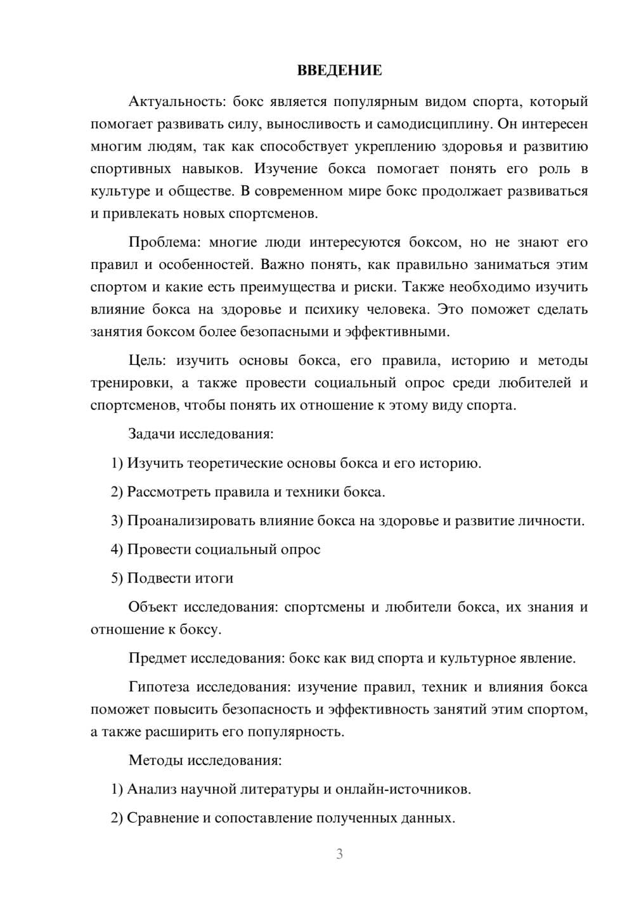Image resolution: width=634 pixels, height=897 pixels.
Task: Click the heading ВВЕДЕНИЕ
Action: pyautogui.click(x=339, y=70)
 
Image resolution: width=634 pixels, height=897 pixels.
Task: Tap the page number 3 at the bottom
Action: pyautogui.click(x=339, y=854)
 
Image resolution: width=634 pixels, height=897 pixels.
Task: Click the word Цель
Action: pyautogui.click(x=147, y=360)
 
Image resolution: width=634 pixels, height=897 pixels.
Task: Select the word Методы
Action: pyautogui.click(x=154, y=760)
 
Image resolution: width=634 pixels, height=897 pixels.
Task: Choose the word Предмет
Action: pyautogui.click(x=157, y=658)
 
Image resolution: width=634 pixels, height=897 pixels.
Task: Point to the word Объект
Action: pyautogui.click(x=153, y=607)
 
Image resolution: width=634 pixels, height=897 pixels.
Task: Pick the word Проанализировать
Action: pyautogui.click(x=191, y=521)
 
